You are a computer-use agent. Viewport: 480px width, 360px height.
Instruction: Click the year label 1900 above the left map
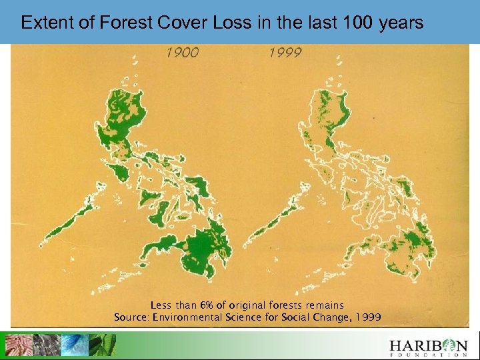182,53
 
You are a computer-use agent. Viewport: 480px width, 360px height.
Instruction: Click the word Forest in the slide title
126,23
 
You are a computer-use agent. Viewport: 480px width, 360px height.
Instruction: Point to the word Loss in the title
231,23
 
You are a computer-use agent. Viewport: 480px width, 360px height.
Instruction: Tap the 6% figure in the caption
210,305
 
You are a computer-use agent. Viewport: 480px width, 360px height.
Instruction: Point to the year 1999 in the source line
369,317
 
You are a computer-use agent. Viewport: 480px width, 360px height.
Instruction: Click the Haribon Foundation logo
429,346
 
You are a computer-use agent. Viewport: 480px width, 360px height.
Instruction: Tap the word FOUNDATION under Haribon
429,354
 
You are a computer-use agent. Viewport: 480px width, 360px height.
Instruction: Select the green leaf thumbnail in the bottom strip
102,345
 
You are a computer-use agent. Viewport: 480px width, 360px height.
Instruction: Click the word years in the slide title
401,23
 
